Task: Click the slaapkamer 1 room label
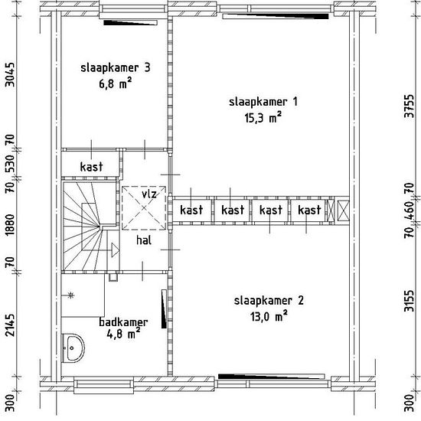coord(263,102)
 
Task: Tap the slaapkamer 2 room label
coord(269,301)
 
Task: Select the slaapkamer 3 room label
coord(116,67)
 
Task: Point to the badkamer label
coord(123,322)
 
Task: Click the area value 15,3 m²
coord(263,118)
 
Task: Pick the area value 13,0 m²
coord(269,316)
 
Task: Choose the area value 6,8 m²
coord(116,83)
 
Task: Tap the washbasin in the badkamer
coord(73,348)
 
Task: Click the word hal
coord(144,240)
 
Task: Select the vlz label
coord(149,194)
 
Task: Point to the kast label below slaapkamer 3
coord(91,167)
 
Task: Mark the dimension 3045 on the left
coord(10,75)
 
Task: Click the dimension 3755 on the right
coord(410,106)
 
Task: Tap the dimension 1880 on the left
coord(10,225)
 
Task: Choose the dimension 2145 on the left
coord(10,325)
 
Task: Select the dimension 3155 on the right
coord(410,301)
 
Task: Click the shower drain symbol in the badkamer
coord(70,295)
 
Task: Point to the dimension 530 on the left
coord(10,163)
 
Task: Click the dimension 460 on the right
coord(410,210)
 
